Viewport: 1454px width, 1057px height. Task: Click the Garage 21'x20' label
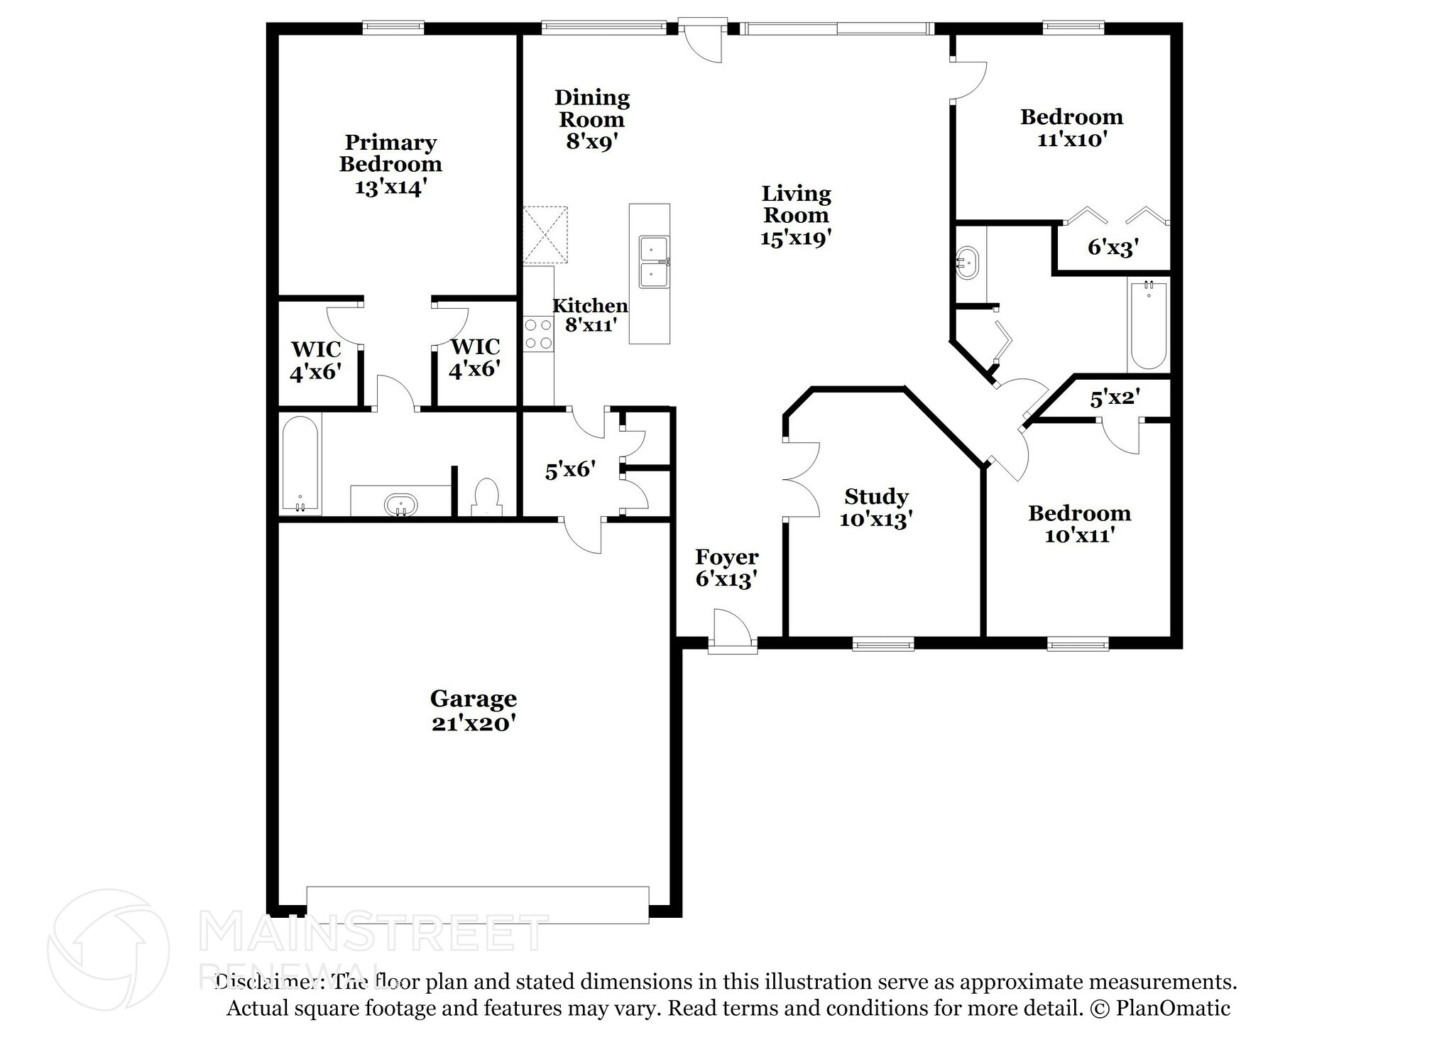pyautogui.click(x=473, y=711)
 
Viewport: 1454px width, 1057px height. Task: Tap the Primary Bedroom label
pyautogui.click(x=390, y=153)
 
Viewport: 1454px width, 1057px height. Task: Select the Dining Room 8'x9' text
pyautogui.click(x=592, y=119)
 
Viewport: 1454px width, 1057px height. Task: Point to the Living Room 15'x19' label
pyautogui.click(x=796, y=215)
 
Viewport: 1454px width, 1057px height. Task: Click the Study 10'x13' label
pyautogui.click(x=876, y=508)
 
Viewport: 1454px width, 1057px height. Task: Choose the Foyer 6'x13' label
pyautogui.click(x=726, y=568)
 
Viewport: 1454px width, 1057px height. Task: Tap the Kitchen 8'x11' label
pyautogui.click(x=590, y=315)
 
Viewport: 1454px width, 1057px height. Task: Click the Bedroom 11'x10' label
pyautogui.click(x=1071, y=128)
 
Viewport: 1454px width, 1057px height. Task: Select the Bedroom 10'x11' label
pyautogui.click(x=1079, y=524)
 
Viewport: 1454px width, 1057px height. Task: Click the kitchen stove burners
pyautogui.click(x=538, y=334)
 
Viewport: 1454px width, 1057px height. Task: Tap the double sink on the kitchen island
pyautogui.click(x=654, y=262)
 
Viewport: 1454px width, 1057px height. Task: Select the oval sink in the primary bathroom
pyautogui.click(x=401, y=505)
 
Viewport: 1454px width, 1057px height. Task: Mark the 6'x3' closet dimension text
pyautogui.click(x=1113, y=247)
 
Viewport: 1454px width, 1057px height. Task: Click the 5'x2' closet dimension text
pyautogui.click(x=1115, y=398)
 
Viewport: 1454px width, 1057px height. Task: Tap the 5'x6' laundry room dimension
pyautogui.click(x=570, y=470)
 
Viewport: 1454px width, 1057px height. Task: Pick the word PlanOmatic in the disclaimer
pyautogui.click(x=1173, y=1008)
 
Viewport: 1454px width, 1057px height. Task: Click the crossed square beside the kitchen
pyautogui.click(x=545, y=235)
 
